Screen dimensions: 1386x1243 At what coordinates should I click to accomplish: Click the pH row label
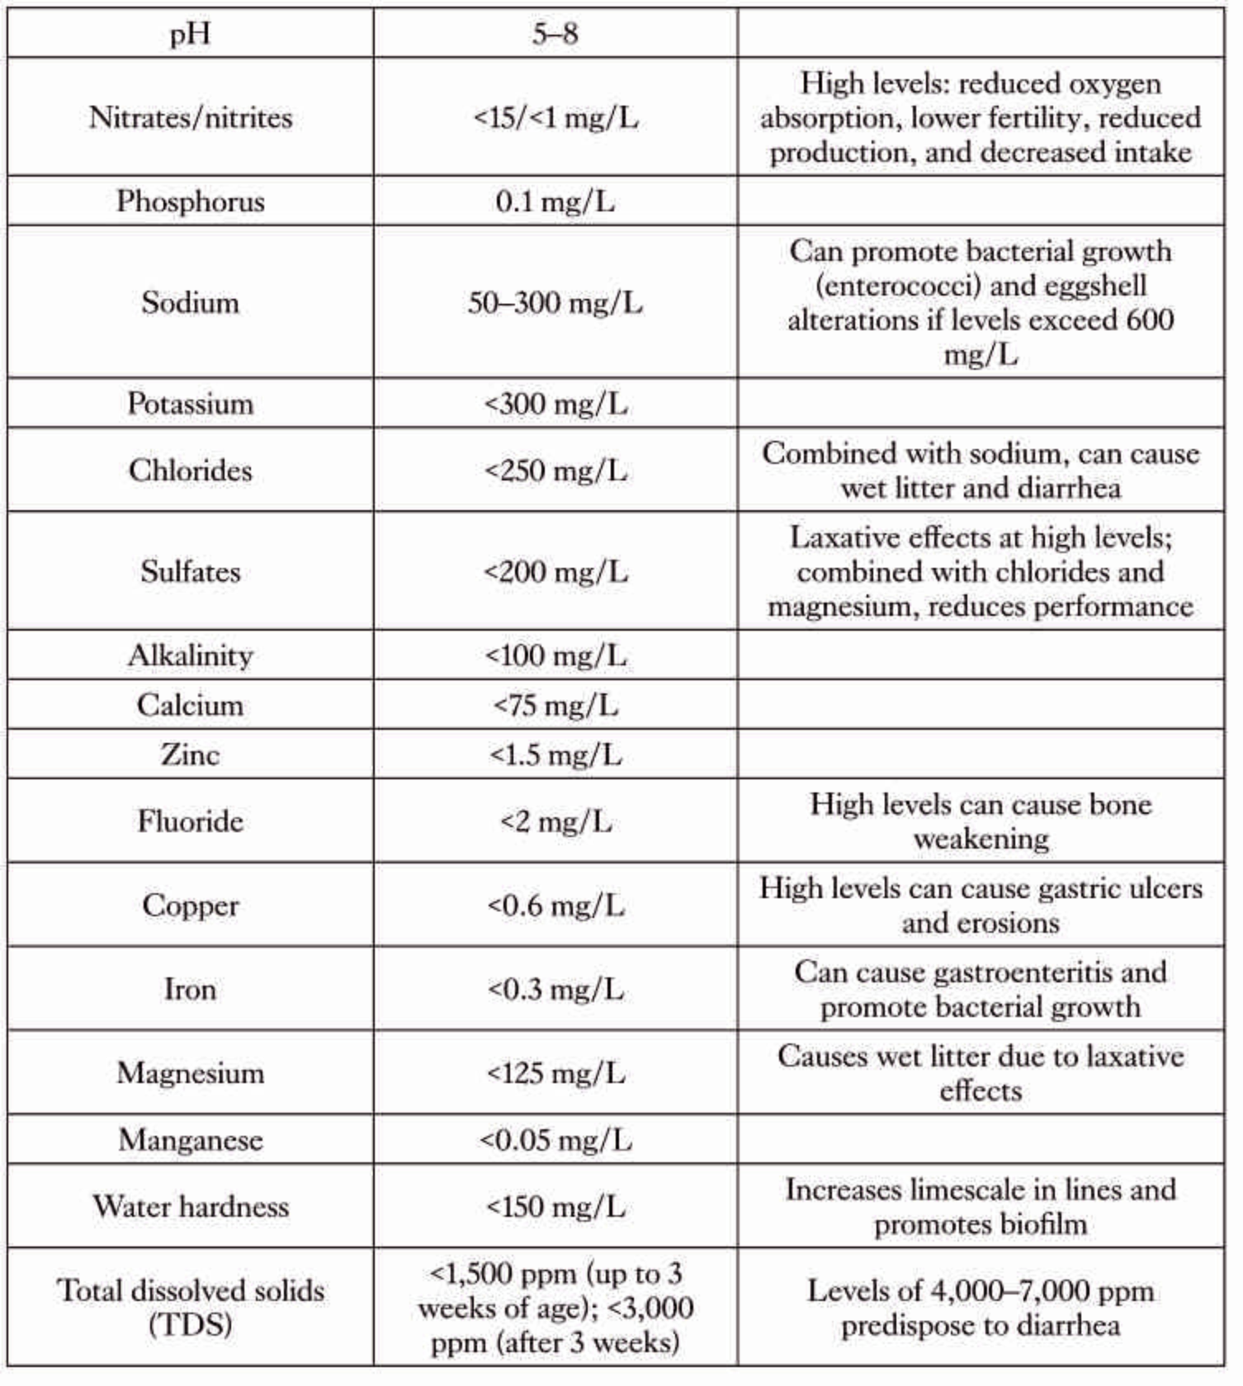(x=190, y=35)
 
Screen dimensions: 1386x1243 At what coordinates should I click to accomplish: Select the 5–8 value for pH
(x=555, y=35)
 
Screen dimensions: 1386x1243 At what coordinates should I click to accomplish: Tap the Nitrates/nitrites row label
(x=190, y=117)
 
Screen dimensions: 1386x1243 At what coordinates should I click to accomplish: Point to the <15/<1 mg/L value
(x=555, y=117)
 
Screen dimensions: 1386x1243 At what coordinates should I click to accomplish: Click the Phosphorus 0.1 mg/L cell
(x=555, y=201)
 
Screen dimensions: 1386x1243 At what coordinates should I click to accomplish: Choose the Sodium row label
(x=190, y=302)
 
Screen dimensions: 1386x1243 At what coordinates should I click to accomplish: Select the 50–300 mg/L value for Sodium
(x=555, y=302)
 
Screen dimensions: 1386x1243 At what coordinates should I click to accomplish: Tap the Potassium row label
(x=190, y=404)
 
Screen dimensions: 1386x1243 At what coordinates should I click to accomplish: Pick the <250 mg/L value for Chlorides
(x=555, y=471)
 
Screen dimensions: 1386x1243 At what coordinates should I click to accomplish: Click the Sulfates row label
(x=190, y=571)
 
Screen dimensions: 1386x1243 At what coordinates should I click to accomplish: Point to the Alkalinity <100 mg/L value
(x=555, y=655)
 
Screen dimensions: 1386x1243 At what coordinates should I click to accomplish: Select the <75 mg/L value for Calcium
(x=555, y=705)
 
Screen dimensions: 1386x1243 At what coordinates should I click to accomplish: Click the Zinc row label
(x=190, y=754)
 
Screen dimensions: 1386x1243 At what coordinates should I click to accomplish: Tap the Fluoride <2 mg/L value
(x=555, y=822)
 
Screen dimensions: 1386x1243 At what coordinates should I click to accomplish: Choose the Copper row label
(x=190, y=906)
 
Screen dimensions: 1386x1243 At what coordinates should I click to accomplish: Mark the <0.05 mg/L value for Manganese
(x=555, y=1140)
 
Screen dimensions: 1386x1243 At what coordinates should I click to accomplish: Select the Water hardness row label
(x=190, y=1207)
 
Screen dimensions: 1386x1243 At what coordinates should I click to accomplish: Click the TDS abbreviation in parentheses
(x=190, y=1326)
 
